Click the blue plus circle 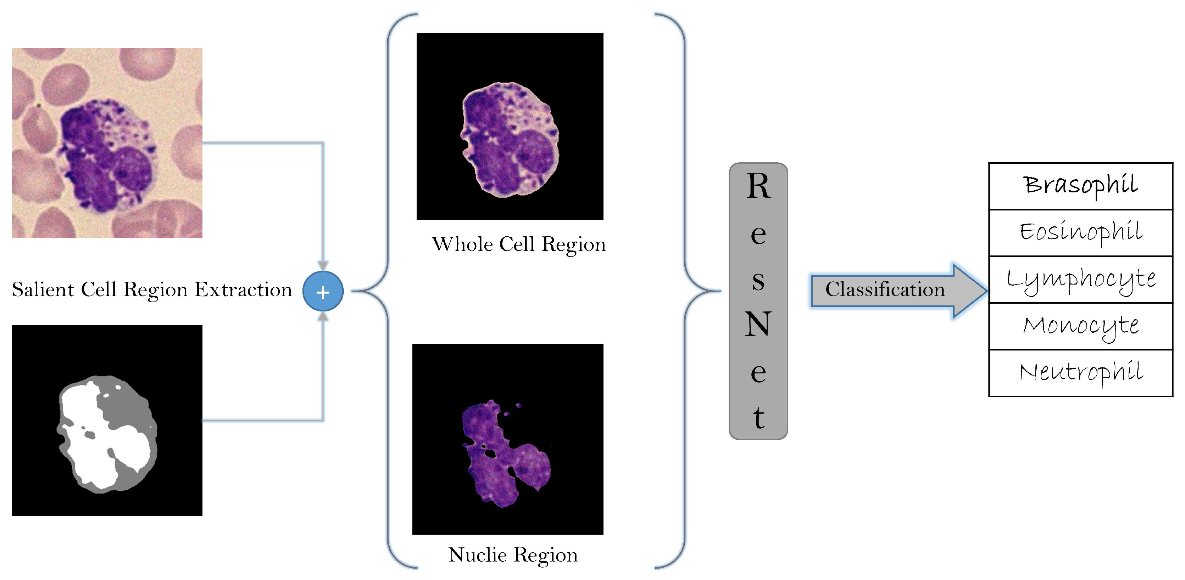click(x=323, y=291)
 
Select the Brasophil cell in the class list click(x=1080, y=186)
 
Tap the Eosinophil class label click(x=1080, y=232)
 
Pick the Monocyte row click(x=1080, y=326)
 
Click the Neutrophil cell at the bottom click(x=1080, y=373)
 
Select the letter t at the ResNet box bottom click(x=758, y=417)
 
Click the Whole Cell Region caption click(x=518, y=244)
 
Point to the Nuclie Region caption click(x=513, y=555)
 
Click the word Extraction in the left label click(x=243, y=289)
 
